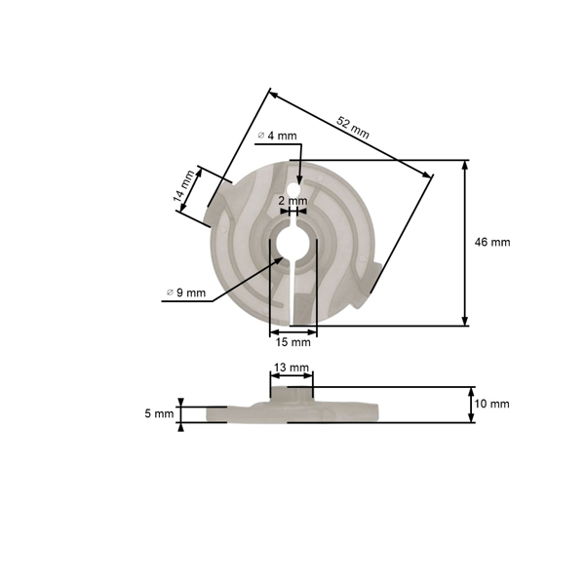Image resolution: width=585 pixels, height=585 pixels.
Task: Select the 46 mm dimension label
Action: (493, 242)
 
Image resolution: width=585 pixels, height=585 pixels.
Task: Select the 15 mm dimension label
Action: (292, 342)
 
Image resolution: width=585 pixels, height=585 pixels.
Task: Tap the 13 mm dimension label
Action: (292, 368)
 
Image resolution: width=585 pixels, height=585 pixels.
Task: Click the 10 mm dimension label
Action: (493, 404)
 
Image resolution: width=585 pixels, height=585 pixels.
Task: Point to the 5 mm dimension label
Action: (158, 413)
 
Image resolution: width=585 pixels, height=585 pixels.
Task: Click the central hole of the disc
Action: (292, 241)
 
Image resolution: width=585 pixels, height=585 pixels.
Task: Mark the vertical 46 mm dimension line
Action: (465, 244)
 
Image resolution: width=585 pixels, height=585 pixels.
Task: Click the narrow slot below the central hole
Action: (292, 292)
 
